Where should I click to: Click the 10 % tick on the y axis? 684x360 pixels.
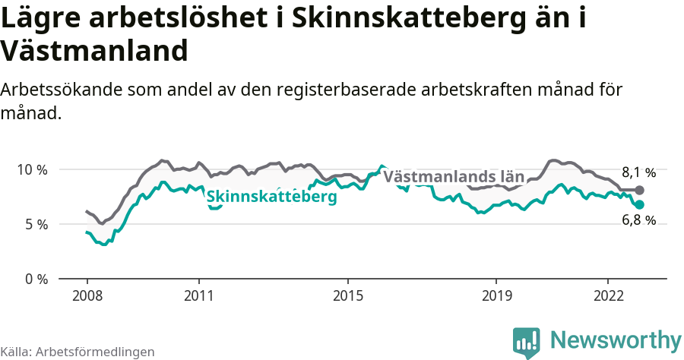point(32,169)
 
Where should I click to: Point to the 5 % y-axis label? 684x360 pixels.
point(35,224)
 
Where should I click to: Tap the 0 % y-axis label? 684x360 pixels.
point(35,279)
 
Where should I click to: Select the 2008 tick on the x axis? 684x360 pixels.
point(87,295)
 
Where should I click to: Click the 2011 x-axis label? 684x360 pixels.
point(198,295)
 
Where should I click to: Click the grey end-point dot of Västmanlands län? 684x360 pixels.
point(639,190)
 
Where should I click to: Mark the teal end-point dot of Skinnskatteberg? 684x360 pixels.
point(639,205)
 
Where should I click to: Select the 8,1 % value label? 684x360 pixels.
point(638,172)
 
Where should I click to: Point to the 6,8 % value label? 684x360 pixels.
point(638,221)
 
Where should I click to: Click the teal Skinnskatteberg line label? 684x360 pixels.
point(271,197)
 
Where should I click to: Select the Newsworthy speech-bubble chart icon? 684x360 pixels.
point(527,341)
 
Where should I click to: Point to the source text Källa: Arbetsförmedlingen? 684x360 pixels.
point(78,352)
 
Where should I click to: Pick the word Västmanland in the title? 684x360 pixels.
point(94,52)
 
